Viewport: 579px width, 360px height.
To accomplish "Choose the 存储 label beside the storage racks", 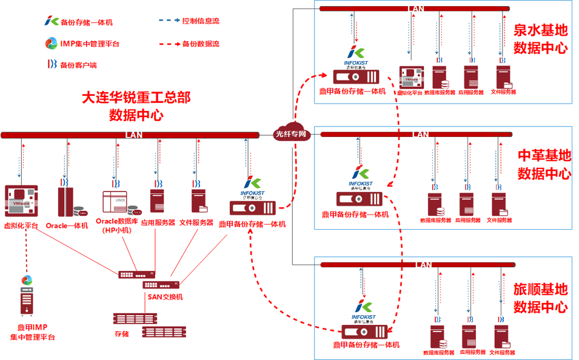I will point(121,334).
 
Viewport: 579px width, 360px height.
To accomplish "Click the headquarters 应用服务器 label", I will point(158,222).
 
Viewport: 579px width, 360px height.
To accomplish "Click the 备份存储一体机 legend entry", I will point(87,22).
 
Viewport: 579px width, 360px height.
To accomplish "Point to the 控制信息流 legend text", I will point(201,21).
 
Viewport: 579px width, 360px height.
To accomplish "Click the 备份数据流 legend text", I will point(201,44).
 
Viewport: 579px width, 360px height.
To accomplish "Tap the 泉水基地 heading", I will point(540,30).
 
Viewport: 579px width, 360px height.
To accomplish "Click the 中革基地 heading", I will point(544,156).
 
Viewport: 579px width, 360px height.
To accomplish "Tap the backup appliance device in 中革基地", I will point(360,198).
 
